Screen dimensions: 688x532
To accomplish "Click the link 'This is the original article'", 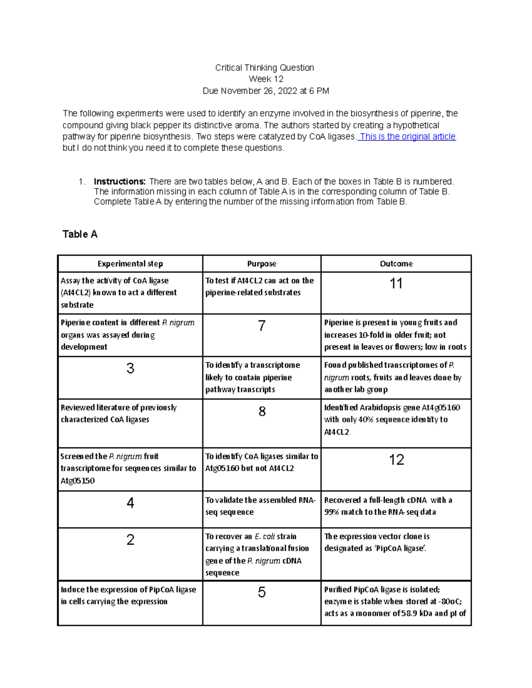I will pyautogui.click(x=407, y=136).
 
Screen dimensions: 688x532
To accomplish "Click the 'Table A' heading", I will pyautogui.click(x=80, y=234).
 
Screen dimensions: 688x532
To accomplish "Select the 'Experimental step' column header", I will pyautogui.click(x=130, y=264).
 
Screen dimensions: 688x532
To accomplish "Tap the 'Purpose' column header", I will pyautogui.click(x=262, y=264).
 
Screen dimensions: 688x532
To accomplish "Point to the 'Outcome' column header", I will pyautogui.click(x=396, y=264).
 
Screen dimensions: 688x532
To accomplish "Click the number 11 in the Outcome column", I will pyautogui.click(x=396, y=284).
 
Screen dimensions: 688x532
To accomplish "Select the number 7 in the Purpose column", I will pyautogui.click(x=262, y=326).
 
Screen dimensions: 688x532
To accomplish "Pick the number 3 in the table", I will pyautogui.click(x=130, y=369).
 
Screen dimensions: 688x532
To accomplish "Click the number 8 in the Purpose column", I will pyautogui.click(x=262, y=412).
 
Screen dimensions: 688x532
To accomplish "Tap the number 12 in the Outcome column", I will pyautogui.click(x=396, y=460).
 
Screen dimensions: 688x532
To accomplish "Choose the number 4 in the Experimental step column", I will pyautogui.click(x=130, y=503).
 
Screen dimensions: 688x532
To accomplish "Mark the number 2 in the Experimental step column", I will pyautogui.click(x=130, y=540).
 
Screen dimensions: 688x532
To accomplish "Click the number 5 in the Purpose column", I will pyautogui.click(x=262, y=592).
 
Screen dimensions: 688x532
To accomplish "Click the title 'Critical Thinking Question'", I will pyautogui.click(x=265, y=68).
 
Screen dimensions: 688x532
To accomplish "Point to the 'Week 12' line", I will pyautogui.click(x=266, y=79).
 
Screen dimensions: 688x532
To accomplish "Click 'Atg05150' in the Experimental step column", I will pyautogui.click(x=78, y=481).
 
